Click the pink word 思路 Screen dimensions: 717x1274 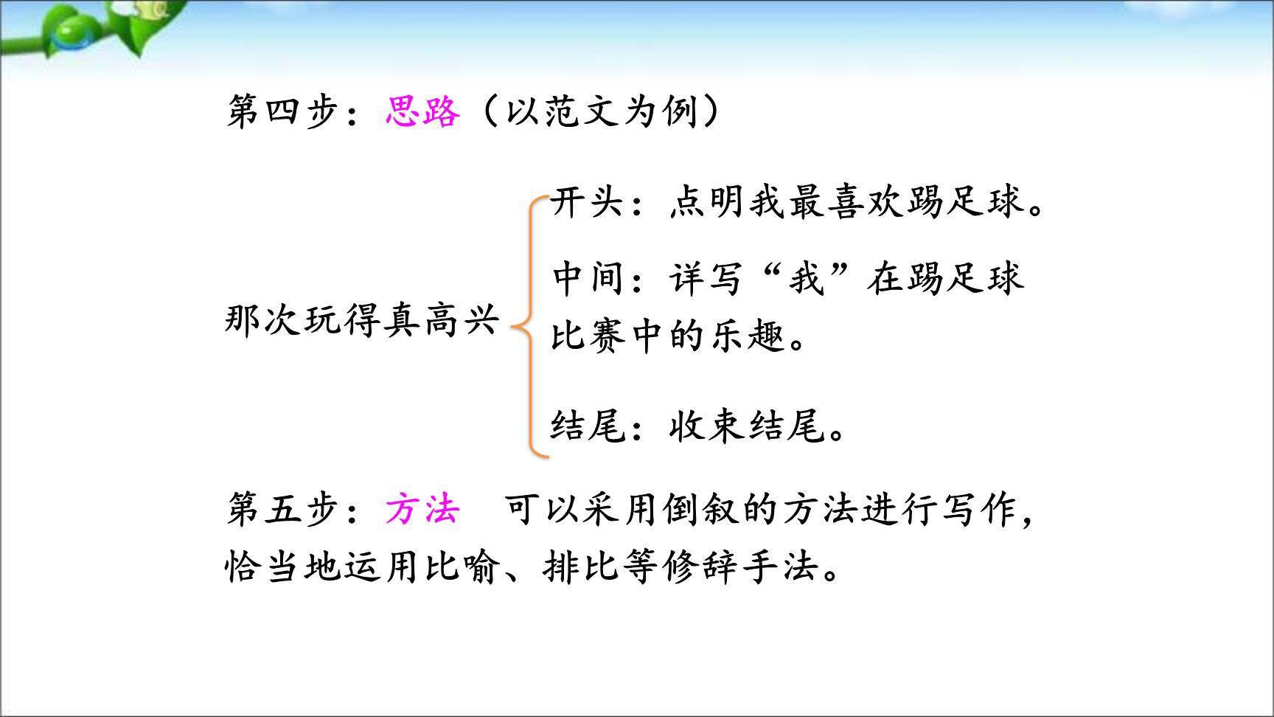[x=422, y=113]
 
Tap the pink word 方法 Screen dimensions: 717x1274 [x=422, y=510]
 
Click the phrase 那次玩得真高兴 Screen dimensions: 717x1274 [x=361, y=321]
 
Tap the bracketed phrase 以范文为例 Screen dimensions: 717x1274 [x=601, y=113]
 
